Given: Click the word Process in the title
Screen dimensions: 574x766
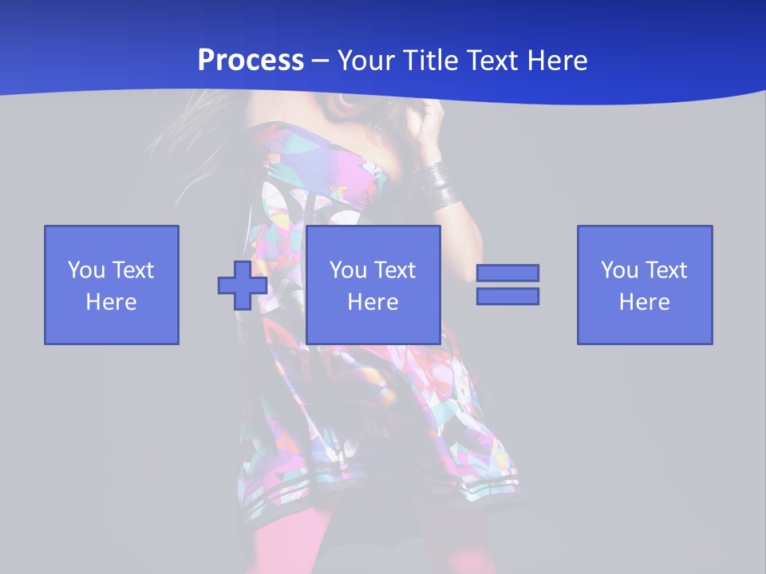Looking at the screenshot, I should pos(251,61).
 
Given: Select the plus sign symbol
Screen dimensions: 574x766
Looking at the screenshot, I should pos(243,285).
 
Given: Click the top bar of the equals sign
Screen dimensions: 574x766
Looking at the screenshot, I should pos(507,273).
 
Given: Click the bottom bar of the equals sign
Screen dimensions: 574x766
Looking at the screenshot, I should pos(507,296).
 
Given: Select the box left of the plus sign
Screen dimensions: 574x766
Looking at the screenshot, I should pos(112,285).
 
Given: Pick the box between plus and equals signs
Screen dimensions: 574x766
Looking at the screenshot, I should pos(373,285).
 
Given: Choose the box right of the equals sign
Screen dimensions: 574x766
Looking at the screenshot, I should pos(645,285).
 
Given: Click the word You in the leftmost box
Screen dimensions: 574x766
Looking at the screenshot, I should pos(86,270).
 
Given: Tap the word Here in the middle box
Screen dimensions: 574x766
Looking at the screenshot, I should pos(373,302).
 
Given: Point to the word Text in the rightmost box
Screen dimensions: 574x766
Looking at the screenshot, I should pos(666,270).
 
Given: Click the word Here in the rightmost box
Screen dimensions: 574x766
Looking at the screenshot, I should pos(645,302).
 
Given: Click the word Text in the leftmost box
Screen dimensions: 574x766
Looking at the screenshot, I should pos(132,270).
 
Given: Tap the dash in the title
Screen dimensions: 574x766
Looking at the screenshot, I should pos(321,61).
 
